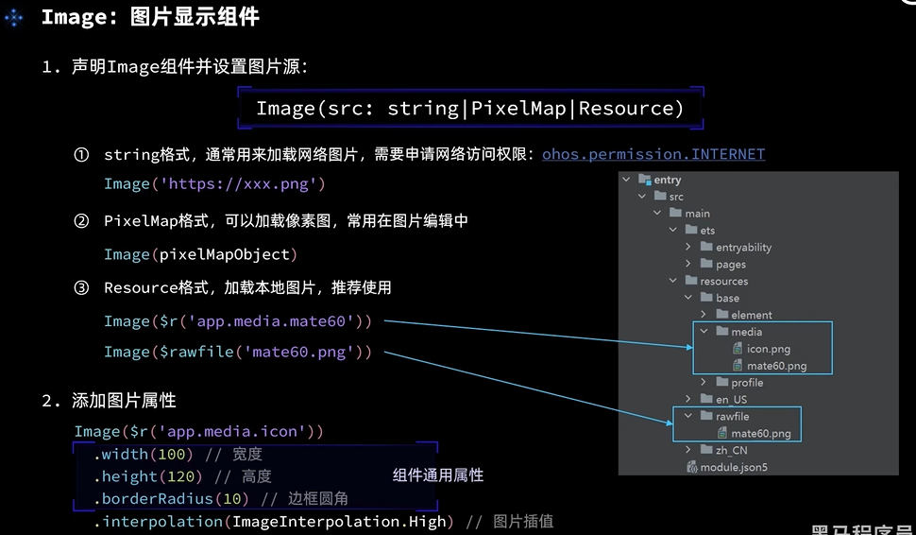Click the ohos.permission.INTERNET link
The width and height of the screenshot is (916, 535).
(653, 154)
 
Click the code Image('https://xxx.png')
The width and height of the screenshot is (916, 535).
(214, 183)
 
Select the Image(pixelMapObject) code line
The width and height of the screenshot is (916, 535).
(200, 254)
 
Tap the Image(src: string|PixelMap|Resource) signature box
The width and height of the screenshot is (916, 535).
(469, 108)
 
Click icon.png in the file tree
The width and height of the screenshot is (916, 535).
(768, 349)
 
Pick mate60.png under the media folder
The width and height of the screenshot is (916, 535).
(776, 366)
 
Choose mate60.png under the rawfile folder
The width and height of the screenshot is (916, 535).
(760, 434)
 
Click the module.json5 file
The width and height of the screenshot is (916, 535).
(734, 467)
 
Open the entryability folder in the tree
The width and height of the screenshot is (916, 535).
(743, 247)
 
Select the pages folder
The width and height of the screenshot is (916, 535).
(731, 264)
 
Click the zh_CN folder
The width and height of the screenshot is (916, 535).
(731, 450)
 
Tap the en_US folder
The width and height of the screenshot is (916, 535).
(731, 399)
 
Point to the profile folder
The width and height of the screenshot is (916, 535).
(747, 383)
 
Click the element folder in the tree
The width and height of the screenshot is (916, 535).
(751, 315)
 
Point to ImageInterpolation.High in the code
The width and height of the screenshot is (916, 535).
(343, 522)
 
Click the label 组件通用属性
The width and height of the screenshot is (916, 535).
(438, 475)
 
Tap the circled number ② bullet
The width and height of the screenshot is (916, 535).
(81, 221)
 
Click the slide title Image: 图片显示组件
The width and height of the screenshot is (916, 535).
(150, 17)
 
